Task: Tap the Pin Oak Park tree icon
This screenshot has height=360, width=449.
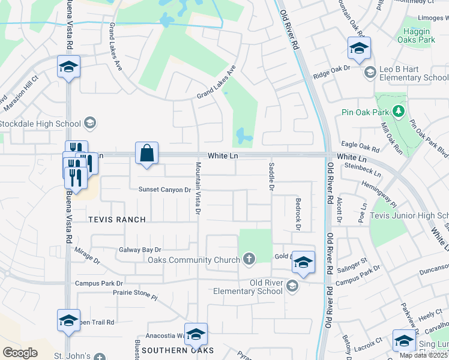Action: point(397,111)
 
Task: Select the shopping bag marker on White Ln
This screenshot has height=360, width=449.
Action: point(147,154)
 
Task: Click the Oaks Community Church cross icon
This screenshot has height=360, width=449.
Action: point(249,259)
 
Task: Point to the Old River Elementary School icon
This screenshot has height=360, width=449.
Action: point(292,286)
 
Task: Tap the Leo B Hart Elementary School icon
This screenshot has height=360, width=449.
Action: point(370,73)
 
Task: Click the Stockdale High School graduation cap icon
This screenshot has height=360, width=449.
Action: point(89,124)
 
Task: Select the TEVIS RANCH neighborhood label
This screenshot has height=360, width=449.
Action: point(117,220)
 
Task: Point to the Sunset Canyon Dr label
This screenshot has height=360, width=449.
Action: point(164,190)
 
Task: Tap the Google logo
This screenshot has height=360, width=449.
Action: point(20,353)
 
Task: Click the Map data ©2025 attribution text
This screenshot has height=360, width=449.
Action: point(423,355)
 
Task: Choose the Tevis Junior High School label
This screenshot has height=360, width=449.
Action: point(409,215)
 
